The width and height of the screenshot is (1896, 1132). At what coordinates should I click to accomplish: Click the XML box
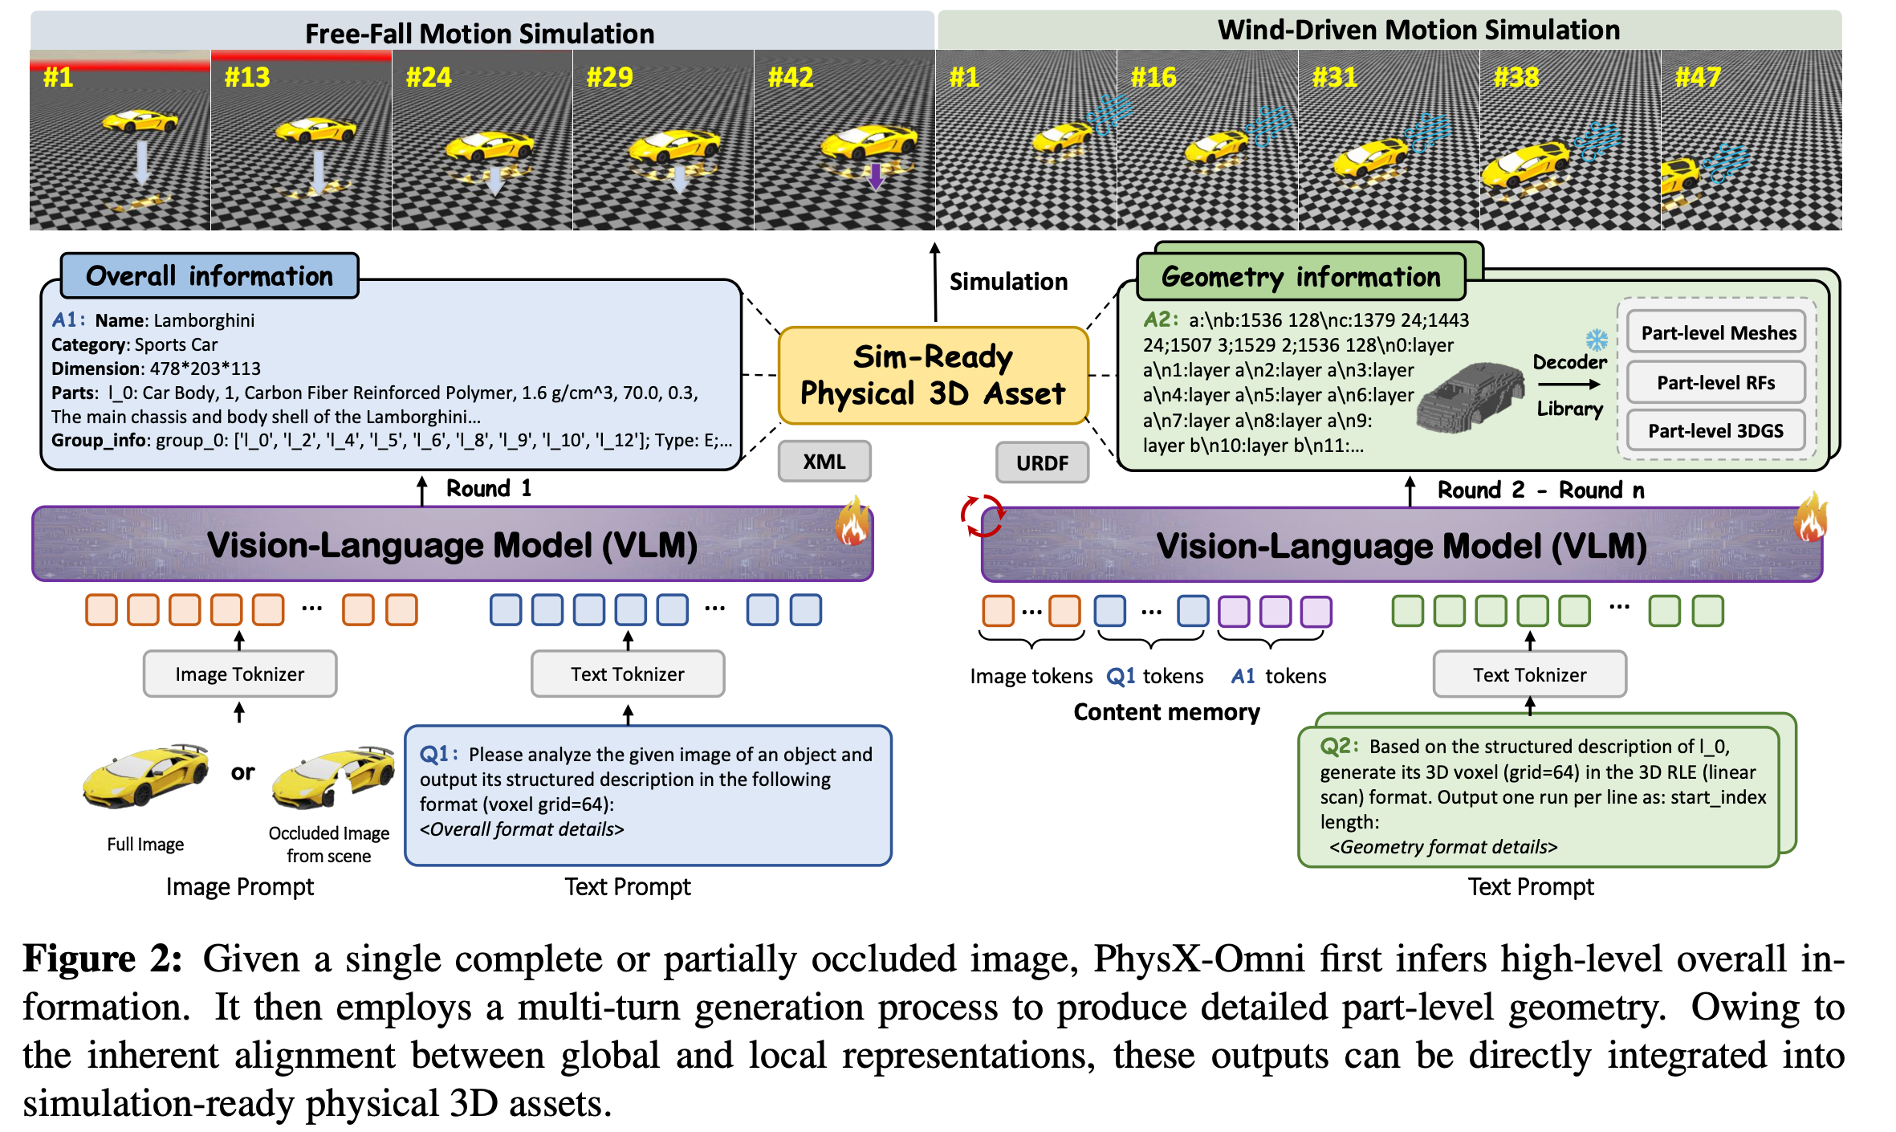(x=824, y=462)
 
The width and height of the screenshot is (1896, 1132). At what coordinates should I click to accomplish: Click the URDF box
(x=1042, y=462)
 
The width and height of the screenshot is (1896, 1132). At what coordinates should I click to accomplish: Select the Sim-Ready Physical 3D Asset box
(x=933, y=375)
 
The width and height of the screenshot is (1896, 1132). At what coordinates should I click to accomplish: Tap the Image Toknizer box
(x=240, y=674)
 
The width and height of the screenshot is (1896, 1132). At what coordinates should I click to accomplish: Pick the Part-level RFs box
(x=1716, y=383)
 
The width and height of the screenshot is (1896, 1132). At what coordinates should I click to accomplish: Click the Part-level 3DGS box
(x=1716, y=431)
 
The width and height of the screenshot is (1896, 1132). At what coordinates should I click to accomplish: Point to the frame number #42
(x=791, y=77)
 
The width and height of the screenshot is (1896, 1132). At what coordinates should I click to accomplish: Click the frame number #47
(x=1698, y=77)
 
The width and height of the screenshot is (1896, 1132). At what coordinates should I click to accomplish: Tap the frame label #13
(x=247, y=77)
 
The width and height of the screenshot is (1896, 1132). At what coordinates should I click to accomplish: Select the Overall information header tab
(x=210, y=276)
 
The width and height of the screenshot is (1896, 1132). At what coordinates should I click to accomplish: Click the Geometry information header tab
(x=1301, y=277)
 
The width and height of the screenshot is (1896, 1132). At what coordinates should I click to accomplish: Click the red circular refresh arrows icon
(x=982, y=515)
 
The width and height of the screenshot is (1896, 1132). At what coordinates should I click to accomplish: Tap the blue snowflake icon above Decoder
(x=1597, y=340)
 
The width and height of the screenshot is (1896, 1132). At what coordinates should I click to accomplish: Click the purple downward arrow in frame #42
(x=876, y=176)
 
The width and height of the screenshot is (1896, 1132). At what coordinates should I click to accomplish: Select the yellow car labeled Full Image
(x=146, y=776)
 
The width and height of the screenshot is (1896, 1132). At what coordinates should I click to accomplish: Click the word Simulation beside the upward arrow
(x=1008, y=282)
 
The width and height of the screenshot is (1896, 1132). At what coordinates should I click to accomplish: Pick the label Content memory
(x=1166, y=712)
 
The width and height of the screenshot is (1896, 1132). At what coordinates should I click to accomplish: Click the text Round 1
(x=489, y=488)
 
